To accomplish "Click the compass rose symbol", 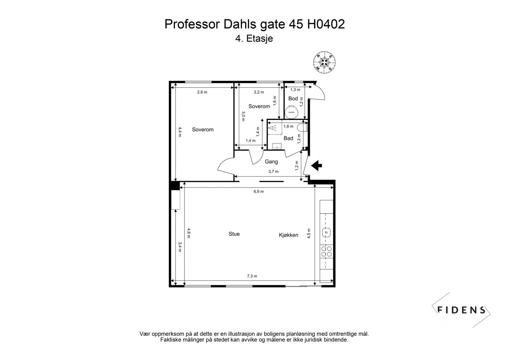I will [x=324, y=62].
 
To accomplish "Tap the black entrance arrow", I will [x=317, y=165].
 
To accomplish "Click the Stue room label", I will [x=234, y=234].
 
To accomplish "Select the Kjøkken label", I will [x=289, y=235].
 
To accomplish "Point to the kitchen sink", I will [x=326, y=233].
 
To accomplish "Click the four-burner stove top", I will [x=326, y=251].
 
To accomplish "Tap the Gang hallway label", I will [x=271, y=162].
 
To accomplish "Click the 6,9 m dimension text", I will [x=258, y=192].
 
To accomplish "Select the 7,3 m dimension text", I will [x=252, y=276].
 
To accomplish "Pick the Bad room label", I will [x=288, y=138].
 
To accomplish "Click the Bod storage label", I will [x=293, y=99].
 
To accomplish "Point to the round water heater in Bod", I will [x=291, y=112].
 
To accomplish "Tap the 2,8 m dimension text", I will [x=202, y=92].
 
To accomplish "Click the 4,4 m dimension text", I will [x=180, y=132].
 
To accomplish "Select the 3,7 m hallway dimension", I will [x=273, y=172].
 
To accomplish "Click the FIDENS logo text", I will [x=461, y=310].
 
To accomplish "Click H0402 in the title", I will [x=326, y=24].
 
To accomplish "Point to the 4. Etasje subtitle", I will [x=254, y=39].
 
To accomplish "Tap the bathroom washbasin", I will [x=276, y=146].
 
